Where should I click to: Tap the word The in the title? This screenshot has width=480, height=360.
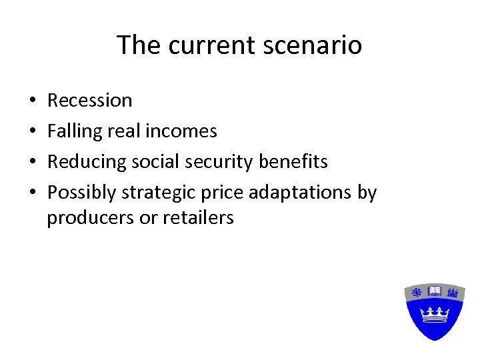(139, 45)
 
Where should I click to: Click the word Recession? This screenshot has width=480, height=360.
(89, 101)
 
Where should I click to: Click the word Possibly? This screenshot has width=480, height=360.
(81, 193)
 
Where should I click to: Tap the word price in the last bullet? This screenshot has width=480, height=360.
(225, 193)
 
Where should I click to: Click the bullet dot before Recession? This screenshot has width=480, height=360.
(33, 101)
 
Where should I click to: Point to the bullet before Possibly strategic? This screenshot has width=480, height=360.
(33, 193)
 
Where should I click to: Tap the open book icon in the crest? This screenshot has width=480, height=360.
(435, 291)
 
